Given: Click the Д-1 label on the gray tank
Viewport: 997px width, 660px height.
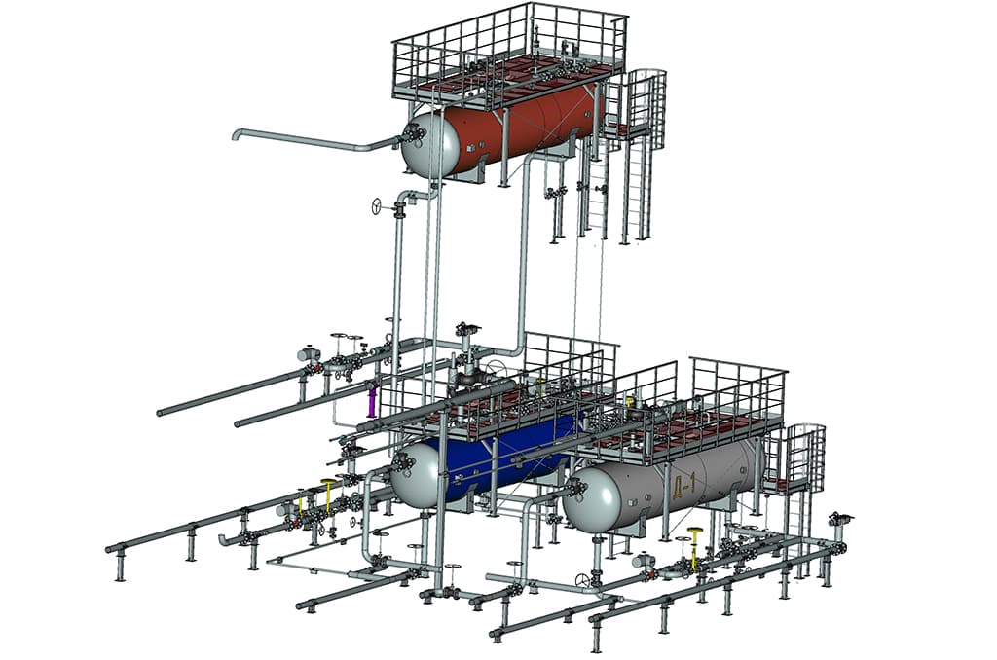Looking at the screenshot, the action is click(683, 487).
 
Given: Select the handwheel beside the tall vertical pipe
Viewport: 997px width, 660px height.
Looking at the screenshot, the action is click(377, 206).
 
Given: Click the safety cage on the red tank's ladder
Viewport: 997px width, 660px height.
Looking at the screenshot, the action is click(647, 105).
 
